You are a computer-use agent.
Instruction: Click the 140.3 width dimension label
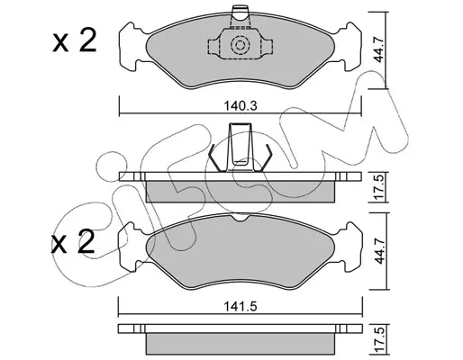pos(241,106)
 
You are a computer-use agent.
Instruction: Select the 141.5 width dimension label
pos(241,307)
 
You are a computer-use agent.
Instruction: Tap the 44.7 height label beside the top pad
pos(379,49)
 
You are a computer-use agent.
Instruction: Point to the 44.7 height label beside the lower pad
pos(380,251)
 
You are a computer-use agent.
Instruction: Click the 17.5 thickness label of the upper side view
pos(379,187)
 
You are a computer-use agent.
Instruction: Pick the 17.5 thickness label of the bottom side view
pos(380,340)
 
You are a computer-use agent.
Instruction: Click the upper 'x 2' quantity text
pos(75,40)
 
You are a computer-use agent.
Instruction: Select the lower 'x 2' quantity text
pos(73,242)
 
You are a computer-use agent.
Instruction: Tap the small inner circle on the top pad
pos(240,45)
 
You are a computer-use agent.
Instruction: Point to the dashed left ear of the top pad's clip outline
pos(213,47)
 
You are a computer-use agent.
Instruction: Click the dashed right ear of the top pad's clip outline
pos(267,47)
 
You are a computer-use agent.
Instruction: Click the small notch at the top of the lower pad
pos(241,219)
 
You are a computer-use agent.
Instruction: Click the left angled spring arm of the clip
pos(216,158)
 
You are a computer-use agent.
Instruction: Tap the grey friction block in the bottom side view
pos(241,344)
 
